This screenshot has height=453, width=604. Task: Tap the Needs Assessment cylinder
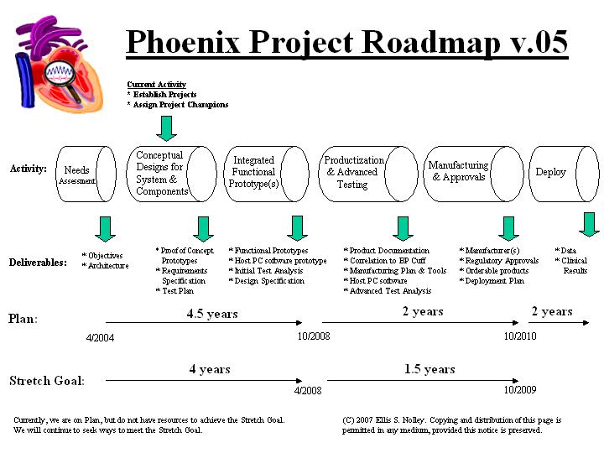pyautogui.click(x=85, y=174)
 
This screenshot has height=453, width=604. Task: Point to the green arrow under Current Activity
pyautogui.click(x=167, y=128)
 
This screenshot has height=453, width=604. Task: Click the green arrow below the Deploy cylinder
pyautogui.click(x=589, y=224)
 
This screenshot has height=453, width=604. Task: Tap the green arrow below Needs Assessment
pyautogui.click(x=106, y=228)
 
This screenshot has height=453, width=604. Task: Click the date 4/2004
pyautogui.click(x=100, y=338)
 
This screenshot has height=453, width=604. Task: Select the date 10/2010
pyautogui.click(x=520, y=336)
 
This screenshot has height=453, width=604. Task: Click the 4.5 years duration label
pyautogui.click(x=211, y=315)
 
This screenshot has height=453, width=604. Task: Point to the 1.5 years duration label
pyautogui.click(x=430, y=369)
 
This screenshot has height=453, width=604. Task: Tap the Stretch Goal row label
pyautogui.click(x=46, y=381)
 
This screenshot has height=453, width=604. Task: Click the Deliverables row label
pyautogui.click(x=38, y=263)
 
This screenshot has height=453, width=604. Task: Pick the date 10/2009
pyautogui.click(x=520, y=390)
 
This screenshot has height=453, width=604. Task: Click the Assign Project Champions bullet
pyautogui.click(x=177, y=105)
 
